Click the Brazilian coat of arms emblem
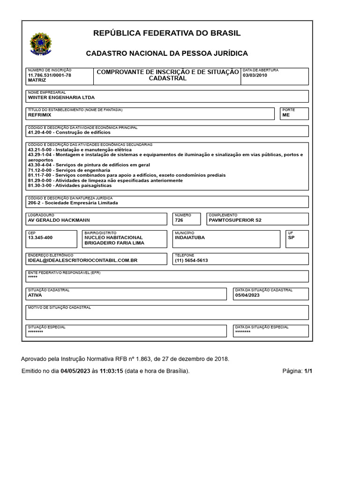[41, 45]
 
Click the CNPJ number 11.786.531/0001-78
[50, 75]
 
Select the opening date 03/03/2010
[255, 75]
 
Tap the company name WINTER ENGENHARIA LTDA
[61, 97]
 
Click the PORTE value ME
[286, 115]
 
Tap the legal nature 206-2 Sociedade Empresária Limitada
[73, 203]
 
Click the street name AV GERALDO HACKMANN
[59, 220]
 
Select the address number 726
[179, 220]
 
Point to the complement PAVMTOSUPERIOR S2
[235, 220]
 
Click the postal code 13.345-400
[40, 238]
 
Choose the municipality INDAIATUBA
[189, 238]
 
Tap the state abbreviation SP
[291, 238]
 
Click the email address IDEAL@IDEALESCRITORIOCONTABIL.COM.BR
[82, 260]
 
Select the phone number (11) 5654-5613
[191, 260]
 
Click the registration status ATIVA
[35, 295]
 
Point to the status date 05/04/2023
[247, 295]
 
